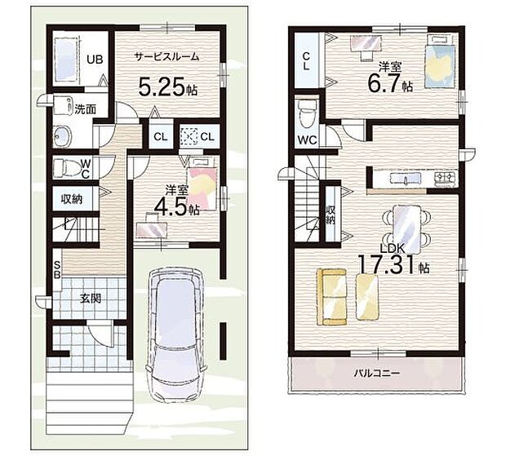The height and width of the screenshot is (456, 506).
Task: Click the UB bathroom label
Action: point(95,60)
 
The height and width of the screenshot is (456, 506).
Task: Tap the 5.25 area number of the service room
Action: point(162,86)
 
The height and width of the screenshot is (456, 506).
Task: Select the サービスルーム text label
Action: point(167,57)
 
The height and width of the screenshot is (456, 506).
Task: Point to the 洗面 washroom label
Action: point(85,109)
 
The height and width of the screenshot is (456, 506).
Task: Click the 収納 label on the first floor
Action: point(72,199)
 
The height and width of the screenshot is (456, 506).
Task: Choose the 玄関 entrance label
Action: point(91,299)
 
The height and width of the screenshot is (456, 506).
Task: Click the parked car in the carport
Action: point(175,334)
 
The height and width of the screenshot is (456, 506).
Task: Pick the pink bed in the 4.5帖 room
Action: point(202,188)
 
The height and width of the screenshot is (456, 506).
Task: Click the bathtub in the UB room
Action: point(66,60)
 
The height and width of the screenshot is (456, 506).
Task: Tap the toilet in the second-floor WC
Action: point(307,113)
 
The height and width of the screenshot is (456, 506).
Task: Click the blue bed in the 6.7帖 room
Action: point(440,66)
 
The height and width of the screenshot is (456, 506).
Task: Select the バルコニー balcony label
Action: point(377,374)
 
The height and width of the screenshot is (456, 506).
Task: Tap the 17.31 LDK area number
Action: point(386,264)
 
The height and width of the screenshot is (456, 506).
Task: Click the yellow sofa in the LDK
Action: point(331,297)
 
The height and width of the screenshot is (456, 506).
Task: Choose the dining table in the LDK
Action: point(406,229)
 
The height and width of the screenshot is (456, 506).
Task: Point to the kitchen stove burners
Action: point(446,178)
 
